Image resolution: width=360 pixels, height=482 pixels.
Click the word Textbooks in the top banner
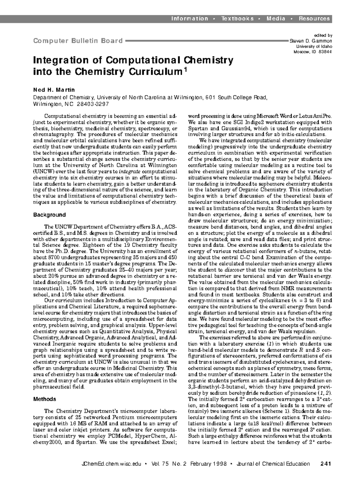[x=237, y=19]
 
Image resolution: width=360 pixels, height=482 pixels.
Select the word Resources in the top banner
[x=314, y=19]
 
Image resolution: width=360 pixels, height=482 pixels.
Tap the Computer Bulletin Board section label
[x=78, y=41]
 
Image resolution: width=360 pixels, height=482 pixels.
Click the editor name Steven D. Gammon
[x=311, y=41]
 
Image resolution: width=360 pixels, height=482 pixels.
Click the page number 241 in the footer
[x=325, y=464]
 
